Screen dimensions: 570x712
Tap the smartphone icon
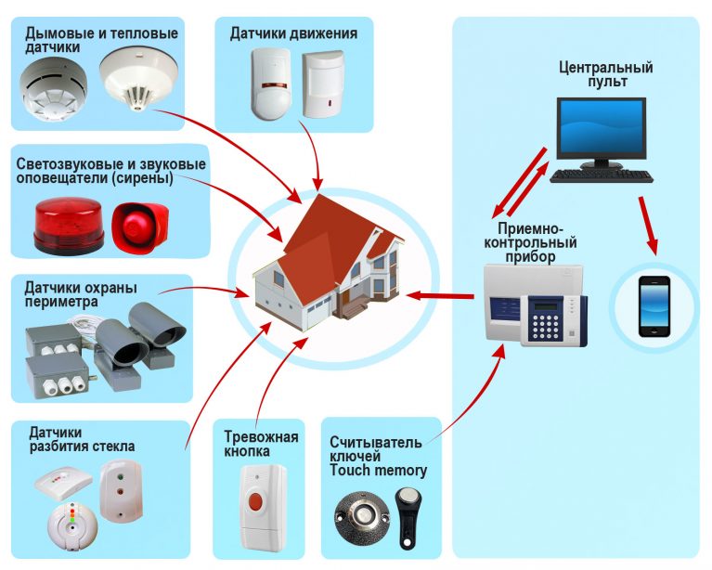point(655,305)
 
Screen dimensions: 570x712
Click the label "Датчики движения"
point(293,34)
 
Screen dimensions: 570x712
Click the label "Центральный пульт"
point(605,74)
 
